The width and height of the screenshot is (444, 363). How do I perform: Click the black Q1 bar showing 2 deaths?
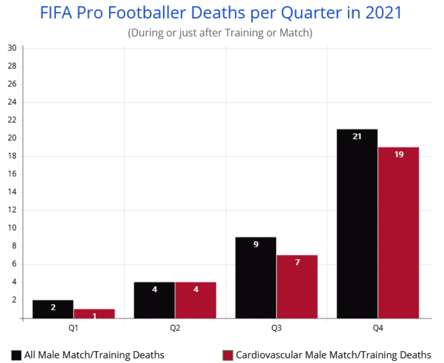tap(53, 309)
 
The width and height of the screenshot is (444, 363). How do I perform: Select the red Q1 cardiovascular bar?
tap(94, 313)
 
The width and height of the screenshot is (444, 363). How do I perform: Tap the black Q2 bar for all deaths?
tap(154, 300)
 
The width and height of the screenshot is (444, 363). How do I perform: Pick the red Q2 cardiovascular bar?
tap(195, 300)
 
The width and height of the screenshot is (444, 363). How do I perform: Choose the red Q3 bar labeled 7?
tap(297, 286)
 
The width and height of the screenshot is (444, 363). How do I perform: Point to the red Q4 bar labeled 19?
tap(398, 232)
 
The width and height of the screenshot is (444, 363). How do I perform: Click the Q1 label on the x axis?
tap(73, 328)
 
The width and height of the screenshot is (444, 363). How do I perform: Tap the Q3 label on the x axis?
tap(276, 328)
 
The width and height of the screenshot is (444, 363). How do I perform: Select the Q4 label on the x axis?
tap(378, 328)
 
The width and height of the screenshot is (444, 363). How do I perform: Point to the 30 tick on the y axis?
tap(12, 48)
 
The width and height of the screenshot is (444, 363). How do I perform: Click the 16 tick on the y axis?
tap(12, 174)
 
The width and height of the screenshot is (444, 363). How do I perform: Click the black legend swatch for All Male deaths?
tap(16, 355)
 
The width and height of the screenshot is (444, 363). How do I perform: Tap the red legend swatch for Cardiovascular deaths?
tap(227, 355)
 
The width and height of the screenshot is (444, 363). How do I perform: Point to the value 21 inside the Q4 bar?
tap(357, 137)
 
